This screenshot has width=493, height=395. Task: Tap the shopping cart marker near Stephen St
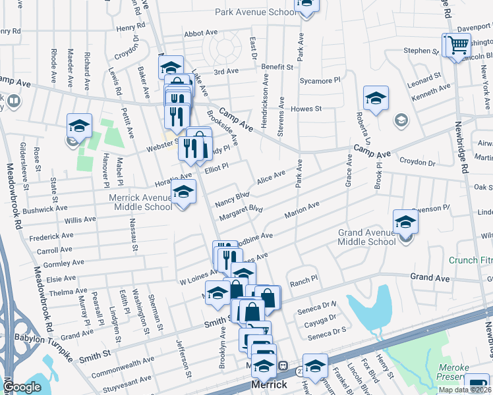[457, 46]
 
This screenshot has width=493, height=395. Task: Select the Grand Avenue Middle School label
[367, 237]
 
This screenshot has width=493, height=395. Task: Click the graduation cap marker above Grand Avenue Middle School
[405, 223]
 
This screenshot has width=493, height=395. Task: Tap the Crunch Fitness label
[471, 260]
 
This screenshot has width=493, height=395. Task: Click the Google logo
[22, 386]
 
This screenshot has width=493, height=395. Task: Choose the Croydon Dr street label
[417, 162]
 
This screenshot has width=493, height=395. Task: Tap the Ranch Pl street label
[304, 279]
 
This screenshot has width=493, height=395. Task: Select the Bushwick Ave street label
[45, 210]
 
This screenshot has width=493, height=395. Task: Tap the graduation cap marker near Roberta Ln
[375, 99]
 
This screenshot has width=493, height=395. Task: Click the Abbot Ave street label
[201, 33]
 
